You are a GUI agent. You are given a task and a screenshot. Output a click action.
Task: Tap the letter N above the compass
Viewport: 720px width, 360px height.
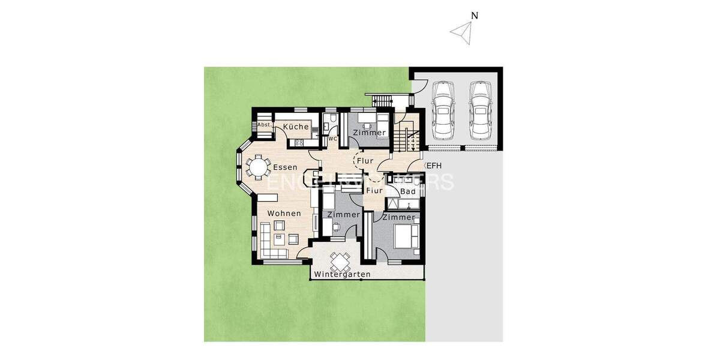tap(474, 16)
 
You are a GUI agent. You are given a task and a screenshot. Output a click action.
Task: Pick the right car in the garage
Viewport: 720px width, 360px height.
tap(480, 110)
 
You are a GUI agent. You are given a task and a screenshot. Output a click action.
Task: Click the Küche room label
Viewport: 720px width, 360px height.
tap(296, 127)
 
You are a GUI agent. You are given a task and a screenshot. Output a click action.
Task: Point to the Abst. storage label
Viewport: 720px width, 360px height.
tap(263, 125)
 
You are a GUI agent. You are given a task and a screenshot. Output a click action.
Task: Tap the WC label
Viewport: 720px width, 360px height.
tap(331, 138)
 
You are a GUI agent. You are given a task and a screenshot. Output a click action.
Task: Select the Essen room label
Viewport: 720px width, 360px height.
tap(286, 167)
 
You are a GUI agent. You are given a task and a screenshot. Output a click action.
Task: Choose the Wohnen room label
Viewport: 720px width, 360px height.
tap(284, 213)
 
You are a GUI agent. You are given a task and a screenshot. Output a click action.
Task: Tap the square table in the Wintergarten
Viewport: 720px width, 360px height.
tap(340, 261)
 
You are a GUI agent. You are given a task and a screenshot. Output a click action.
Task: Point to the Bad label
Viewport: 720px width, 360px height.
tap(407, 191)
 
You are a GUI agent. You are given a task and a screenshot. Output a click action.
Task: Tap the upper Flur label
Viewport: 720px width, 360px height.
tap(365, 161)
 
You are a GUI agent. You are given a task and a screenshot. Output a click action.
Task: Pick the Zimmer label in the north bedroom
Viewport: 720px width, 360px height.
tap(369, 133)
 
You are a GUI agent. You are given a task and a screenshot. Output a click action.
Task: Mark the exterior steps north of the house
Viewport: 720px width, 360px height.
tap(380, 100)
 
